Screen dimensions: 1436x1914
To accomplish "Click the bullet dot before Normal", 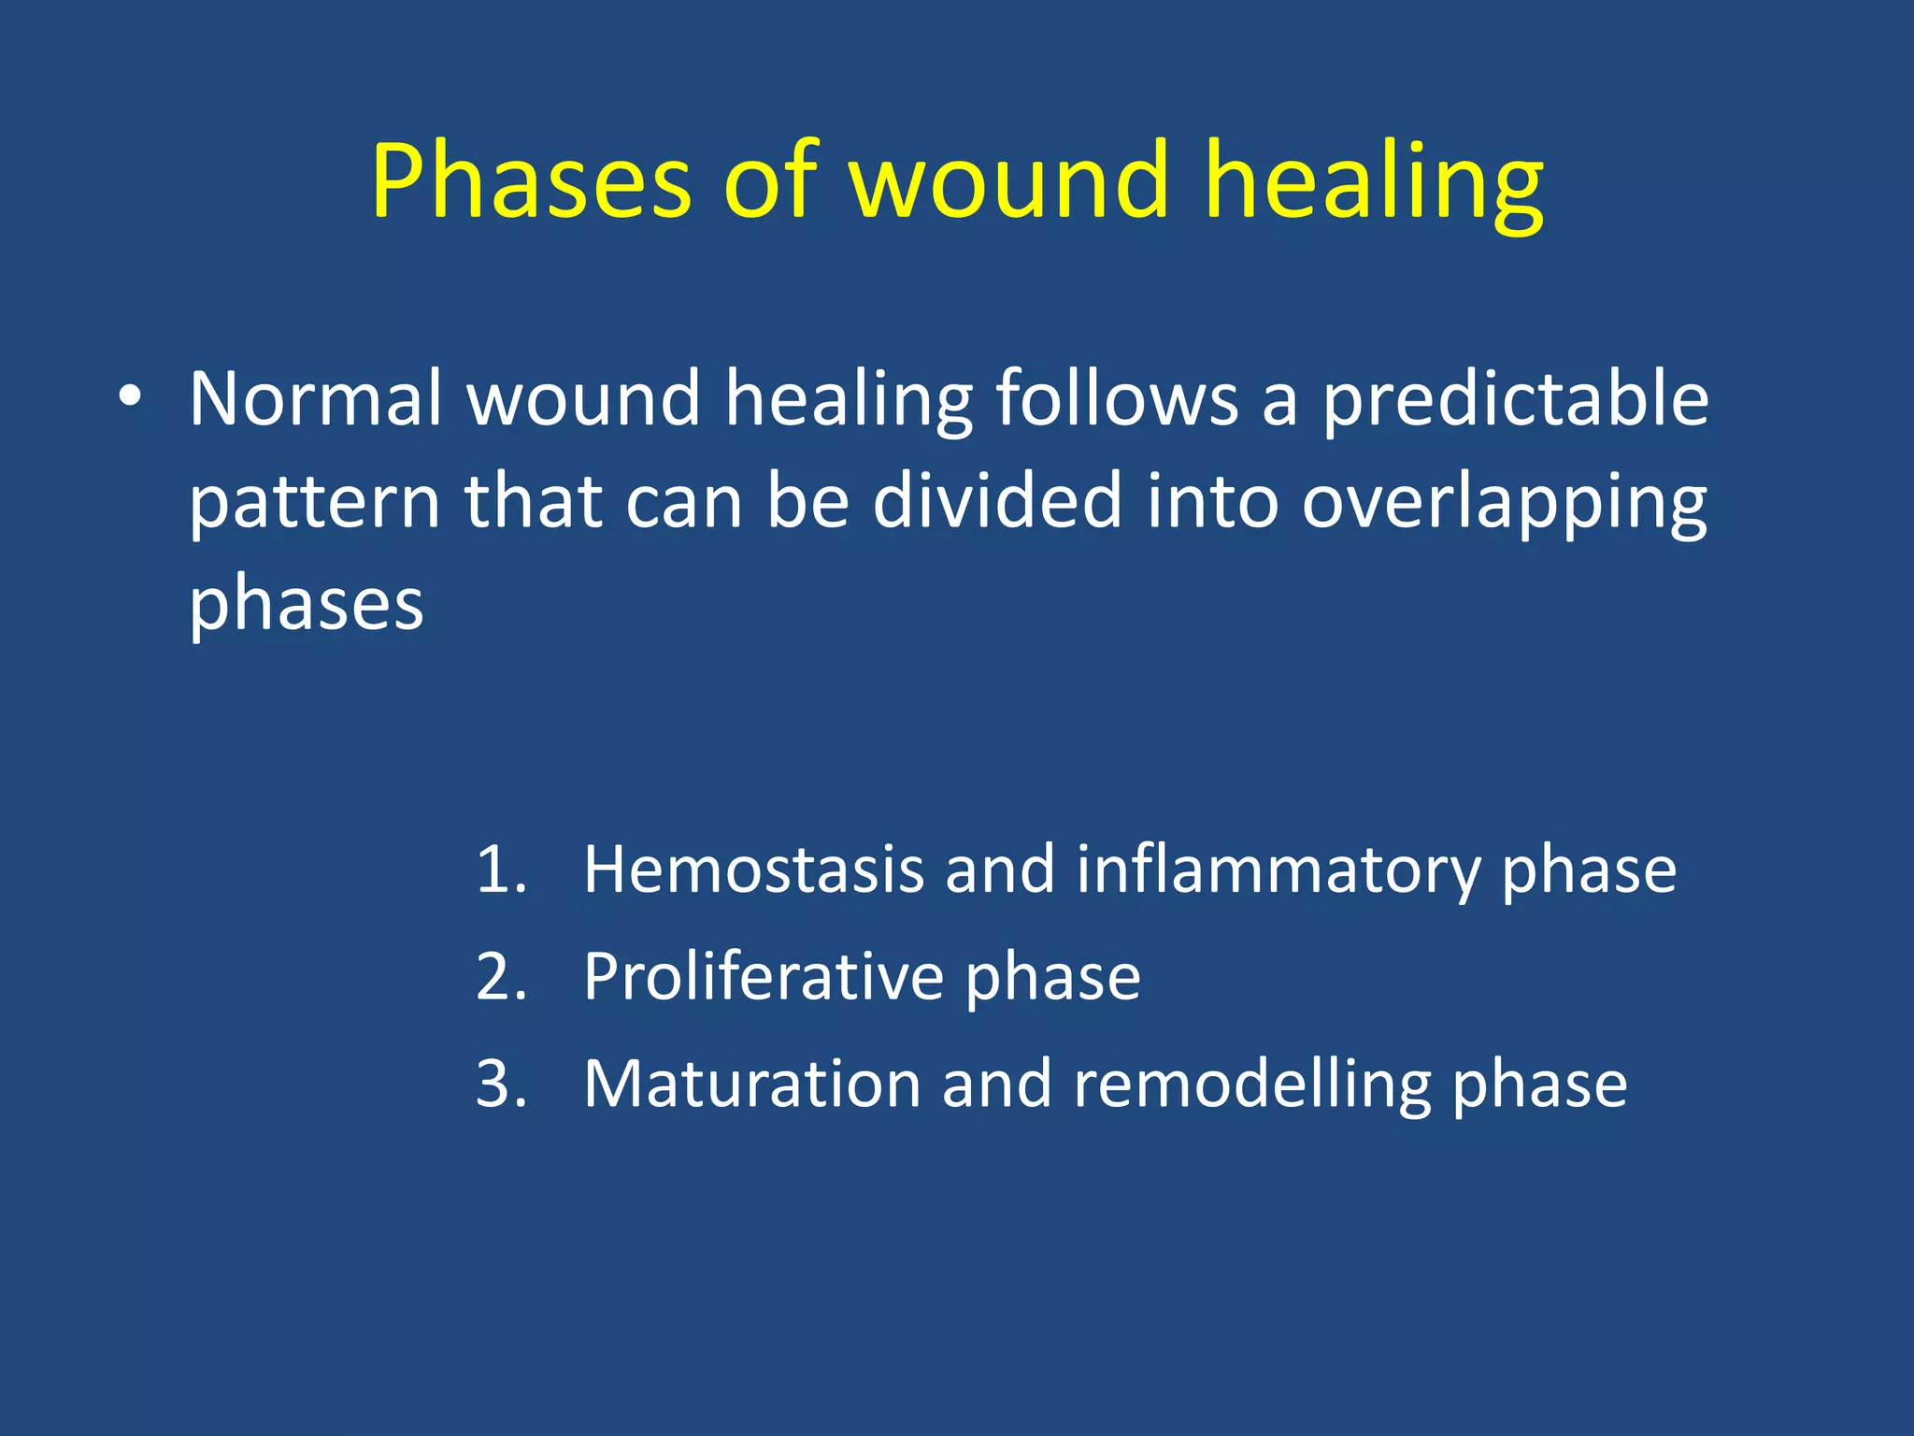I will click(131, 397).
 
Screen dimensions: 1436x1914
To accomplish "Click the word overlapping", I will click(1505, 503).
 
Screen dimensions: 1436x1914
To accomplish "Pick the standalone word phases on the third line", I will click(307, 605).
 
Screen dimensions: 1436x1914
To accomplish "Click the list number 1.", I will click(500, 870).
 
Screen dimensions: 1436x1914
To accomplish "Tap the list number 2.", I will click(501, 978).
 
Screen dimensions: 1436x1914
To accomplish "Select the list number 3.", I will click(501, 1084).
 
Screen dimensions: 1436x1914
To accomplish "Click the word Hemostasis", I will click(753, 870).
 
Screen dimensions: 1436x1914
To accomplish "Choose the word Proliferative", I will click(764, 978).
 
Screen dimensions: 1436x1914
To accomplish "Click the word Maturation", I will click(752, 1084).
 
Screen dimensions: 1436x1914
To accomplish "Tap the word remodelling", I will click(1252, 1084).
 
